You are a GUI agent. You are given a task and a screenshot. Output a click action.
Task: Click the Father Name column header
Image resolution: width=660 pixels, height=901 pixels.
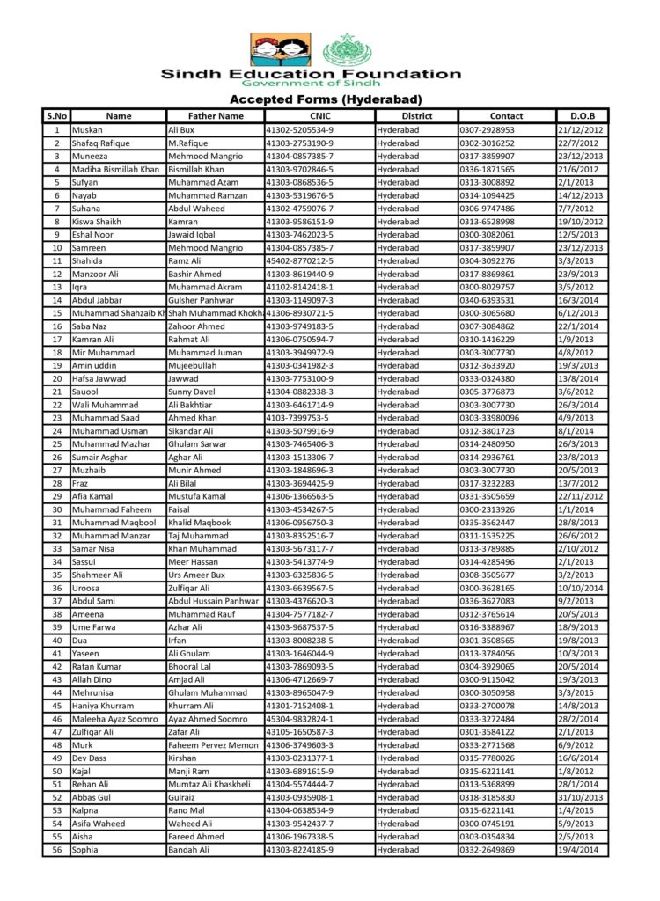216,115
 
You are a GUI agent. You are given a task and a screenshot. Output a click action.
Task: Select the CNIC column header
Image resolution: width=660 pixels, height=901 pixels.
319,115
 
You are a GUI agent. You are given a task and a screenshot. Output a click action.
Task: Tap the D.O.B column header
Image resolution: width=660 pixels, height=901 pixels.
582,115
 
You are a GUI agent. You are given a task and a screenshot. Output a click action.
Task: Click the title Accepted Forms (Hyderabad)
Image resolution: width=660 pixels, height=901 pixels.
326,99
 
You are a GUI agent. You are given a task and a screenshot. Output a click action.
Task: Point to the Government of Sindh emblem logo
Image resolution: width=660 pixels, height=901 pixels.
347,50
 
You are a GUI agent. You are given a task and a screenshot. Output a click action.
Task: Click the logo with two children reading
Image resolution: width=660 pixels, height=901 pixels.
280,50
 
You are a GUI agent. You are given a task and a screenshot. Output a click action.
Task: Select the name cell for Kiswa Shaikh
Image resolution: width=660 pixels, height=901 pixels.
97,222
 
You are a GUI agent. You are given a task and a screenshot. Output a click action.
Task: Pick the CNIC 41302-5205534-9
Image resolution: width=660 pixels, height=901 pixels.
299,129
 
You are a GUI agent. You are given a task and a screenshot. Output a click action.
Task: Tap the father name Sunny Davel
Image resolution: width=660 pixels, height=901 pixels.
193,392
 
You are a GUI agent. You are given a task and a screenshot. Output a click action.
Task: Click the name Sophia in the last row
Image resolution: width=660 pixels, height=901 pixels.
85,850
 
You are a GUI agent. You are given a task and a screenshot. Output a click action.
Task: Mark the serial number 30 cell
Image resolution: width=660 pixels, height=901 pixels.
56,509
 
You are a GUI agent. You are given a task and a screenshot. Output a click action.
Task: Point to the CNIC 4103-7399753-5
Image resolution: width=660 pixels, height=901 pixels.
297,418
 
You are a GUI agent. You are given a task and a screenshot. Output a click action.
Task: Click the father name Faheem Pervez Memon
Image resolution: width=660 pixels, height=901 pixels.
213,745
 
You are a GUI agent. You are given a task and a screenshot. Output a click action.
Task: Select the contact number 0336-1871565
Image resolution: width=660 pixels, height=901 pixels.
487,169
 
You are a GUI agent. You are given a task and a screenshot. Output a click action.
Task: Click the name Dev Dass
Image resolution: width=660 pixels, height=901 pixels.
91,758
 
